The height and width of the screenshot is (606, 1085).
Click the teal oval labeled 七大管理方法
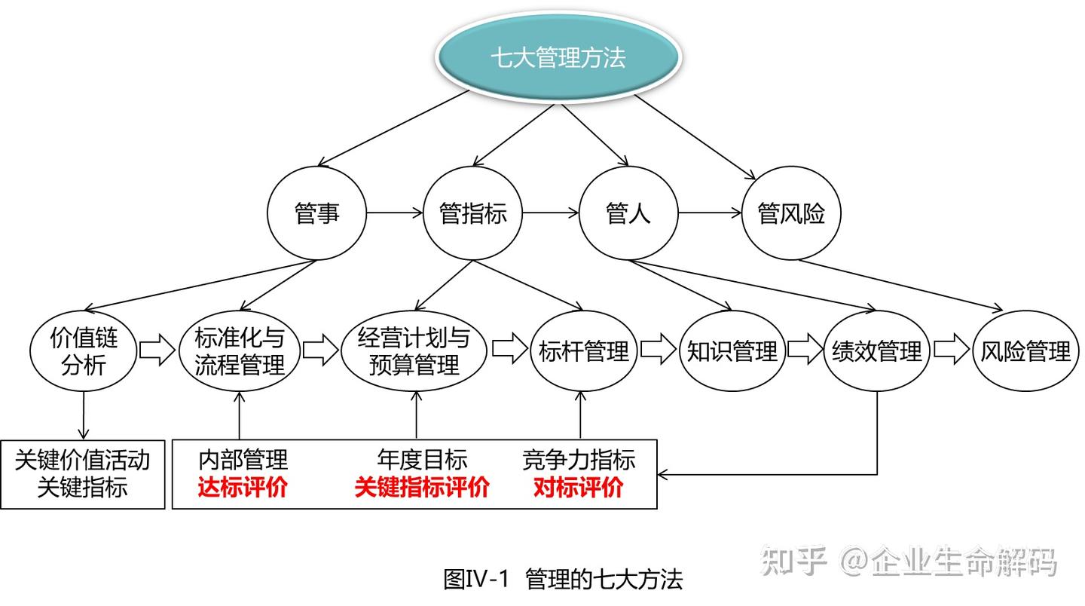[558, 58]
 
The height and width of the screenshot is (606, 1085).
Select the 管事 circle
[317, 214]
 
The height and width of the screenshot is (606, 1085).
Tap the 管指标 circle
[473, 214]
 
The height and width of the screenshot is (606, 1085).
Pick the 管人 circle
[628, 214]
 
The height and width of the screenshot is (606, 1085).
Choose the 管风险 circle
[791, 214]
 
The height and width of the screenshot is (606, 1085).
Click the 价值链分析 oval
[84, 351]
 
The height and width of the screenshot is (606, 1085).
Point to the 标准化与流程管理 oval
[240, 351]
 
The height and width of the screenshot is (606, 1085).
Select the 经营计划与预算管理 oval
[414, 351]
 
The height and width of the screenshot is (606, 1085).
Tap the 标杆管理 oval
[584, 351]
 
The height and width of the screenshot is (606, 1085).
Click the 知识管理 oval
[732, 351]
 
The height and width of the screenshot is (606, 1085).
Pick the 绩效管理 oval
[877, 351]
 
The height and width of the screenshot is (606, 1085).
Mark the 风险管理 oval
[1025, 351]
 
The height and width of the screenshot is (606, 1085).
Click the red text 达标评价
[243, 488]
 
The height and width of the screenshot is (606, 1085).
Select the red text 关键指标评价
[422, 488]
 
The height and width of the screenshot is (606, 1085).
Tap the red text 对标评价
[579, 488]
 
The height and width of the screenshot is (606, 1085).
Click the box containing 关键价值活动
[83, 474]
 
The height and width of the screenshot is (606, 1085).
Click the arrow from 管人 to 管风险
[710, 213]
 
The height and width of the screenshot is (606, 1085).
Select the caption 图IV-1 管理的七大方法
[563, 579]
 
